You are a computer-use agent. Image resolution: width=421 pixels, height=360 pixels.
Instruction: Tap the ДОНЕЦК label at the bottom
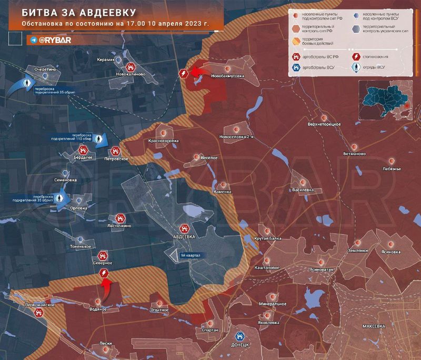pyautogui.click(x=239, y=346)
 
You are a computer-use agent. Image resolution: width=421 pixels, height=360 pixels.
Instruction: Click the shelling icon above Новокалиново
pyautogui.click(x=130, y=67)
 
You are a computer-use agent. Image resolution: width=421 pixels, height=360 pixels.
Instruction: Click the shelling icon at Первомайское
pyautogui.click(x=38, y=313)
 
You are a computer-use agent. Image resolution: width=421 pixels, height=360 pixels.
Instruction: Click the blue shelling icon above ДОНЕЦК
pyautogui.click(x=239, y=335)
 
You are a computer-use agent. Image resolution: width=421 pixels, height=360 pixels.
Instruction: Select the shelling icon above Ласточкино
pyautogui.click(x=120, y=217)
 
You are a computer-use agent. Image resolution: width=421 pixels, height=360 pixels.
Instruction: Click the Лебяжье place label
pyautogui.click(x=392, y=168)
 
